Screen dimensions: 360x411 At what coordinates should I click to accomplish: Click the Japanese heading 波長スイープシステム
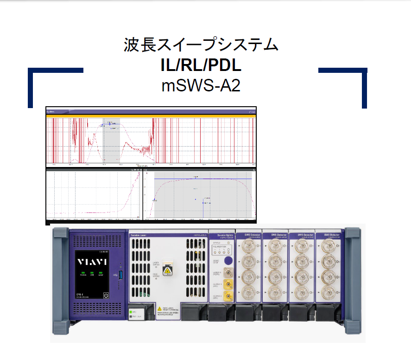tap(201, 45)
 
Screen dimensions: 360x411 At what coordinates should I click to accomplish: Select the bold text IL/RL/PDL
tap(201, 65)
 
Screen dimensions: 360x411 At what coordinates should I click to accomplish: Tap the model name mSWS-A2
tap(201, 85)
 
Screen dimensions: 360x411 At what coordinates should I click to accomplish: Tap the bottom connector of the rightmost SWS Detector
tap(328, 292)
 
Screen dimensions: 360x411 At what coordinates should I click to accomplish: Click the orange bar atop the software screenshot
tap(151, 116)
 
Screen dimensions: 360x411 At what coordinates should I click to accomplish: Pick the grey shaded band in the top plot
tap(112, 139)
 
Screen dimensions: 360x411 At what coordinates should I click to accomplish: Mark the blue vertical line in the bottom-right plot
tap(202, 209)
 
